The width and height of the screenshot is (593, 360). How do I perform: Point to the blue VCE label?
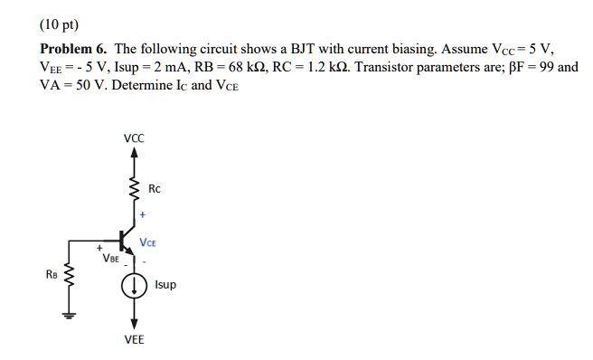point(150,243)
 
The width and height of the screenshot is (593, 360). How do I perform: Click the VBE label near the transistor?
point(110,258)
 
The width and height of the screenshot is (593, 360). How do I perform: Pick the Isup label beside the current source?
point(166,284)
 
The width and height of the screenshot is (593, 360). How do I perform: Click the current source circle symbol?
point(135,286)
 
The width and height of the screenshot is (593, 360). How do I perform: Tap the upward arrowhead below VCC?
point(135,154)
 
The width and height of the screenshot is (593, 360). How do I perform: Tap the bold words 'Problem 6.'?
point(73,50)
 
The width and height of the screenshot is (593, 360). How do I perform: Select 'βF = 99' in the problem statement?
point(527,68)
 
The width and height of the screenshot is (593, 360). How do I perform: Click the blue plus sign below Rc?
point(143,218)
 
